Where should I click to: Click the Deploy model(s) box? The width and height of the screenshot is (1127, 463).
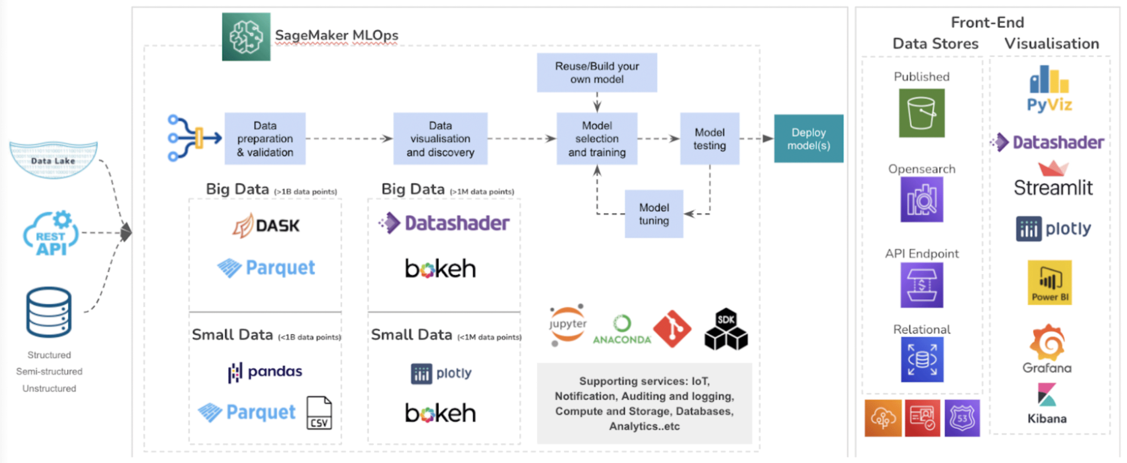point(808,139)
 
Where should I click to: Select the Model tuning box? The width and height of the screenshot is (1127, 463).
point(654,214)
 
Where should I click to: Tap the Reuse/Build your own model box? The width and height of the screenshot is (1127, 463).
point(597,73)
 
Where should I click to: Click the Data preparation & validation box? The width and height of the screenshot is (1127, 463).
point(265,139)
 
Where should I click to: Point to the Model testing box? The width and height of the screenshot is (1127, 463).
point(709,139)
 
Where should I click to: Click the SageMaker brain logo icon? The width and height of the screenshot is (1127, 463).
point(246,37)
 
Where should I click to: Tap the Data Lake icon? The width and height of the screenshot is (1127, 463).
point(53,160)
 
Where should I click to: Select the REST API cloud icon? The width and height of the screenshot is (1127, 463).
point(51,234)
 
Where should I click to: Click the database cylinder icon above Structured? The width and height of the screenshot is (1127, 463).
point(49,312)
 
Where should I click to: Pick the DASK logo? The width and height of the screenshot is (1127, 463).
point(266,225)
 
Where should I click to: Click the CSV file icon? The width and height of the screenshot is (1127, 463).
point(319,413)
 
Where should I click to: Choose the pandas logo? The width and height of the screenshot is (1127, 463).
point(265,372)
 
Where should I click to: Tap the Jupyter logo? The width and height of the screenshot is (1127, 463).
point(567,325)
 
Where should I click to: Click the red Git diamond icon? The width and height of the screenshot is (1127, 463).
point(672,329)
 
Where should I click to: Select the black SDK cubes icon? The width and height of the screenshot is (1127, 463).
point(726,329)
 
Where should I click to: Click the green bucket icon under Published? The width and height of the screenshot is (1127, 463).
point(921,113)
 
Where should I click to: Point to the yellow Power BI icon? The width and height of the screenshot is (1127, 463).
point(1049,283)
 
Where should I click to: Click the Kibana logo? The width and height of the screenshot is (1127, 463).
point(1047,395)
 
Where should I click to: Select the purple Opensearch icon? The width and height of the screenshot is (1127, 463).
point(921,200)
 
